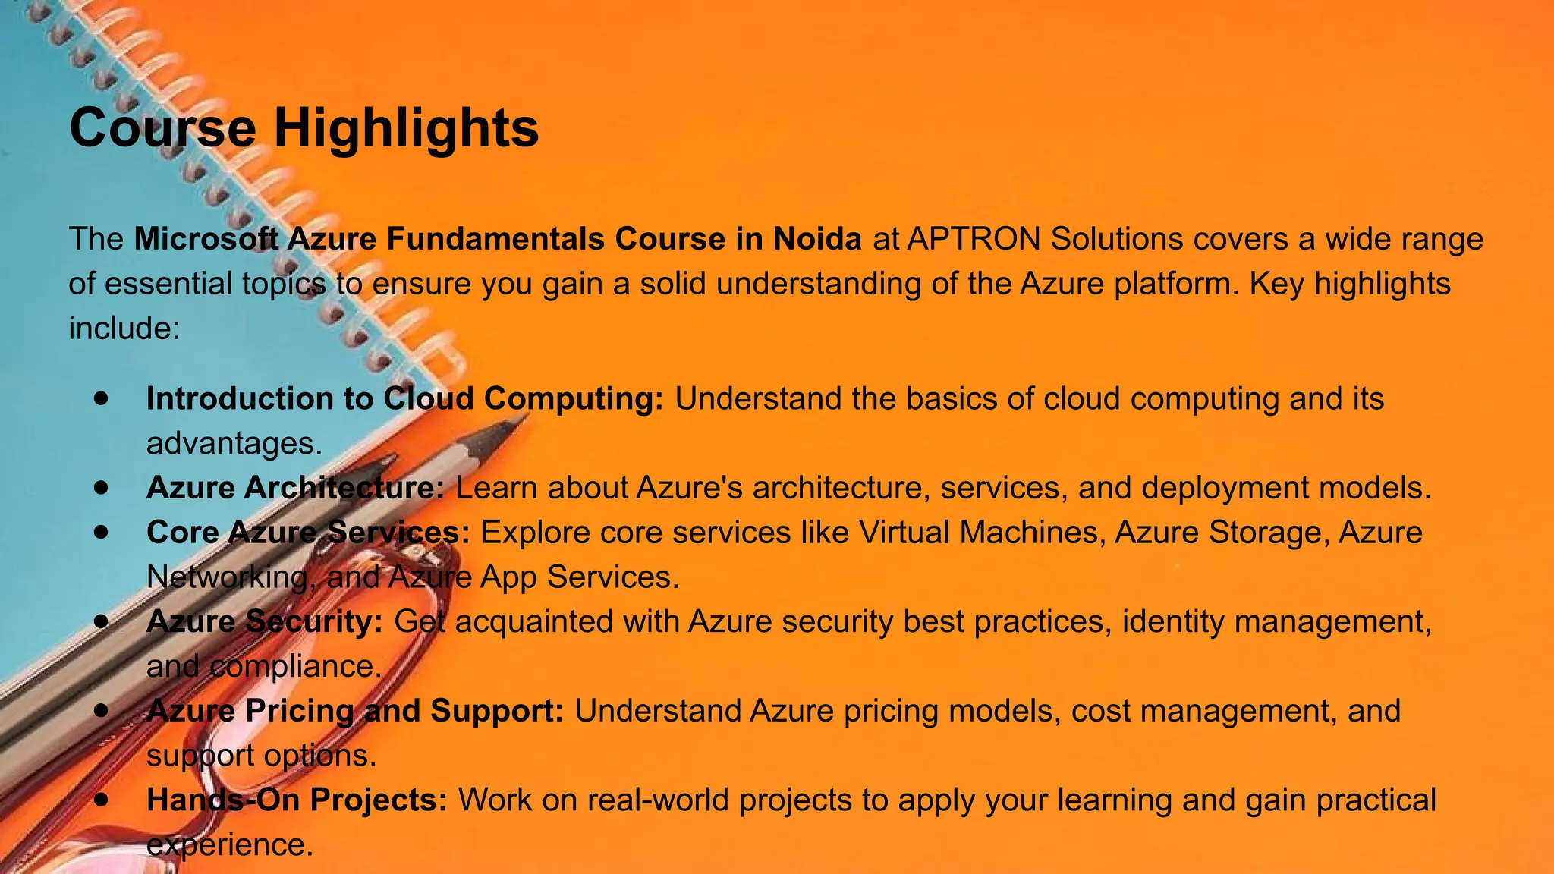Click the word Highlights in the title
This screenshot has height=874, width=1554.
coord(406,127)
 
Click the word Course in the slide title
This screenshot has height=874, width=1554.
coord(162,127)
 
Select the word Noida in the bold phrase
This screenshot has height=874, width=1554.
coord(817,239)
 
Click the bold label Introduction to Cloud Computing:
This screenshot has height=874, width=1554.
coord(404,399)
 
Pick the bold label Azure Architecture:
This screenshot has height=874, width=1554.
coord(295,488)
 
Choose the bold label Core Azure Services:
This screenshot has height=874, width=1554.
coord(308,533)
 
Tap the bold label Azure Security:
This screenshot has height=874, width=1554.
coord(264,622)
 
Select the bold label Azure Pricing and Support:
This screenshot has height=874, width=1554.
coord(354,711)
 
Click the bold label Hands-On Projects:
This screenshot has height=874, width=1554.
coord(297,800)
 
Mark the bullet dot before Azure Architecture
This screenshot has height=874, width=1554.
coord(102,488)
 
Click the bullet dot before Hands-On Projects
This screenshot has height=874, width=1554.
coord(102,800)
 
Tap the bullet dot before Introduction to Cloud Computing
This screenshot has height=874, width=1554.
coord(102,399)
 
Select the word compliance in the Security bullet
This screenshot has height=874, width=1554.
coord(295,667)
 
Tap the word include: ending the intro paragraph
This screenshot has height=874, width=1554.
coord(124,329)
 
